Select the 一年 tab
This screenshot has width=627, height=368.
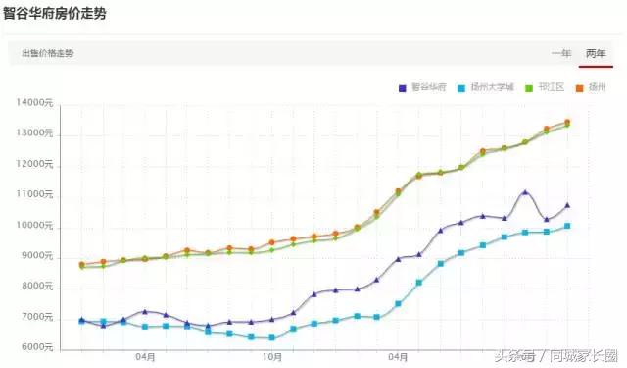(x=561, y=53)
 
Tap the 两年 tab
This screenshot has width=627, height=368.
(x=596, y=53)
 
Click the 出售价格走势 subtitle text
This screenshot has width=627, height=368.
(x=47, y=53)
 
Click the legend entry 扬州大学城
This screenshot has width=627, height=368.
(x=488, y=88)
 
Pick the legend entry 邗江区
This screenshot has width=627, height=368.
(x=548, y=88)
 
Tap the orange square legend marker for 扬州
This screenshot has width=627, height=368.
(x=579, y=88)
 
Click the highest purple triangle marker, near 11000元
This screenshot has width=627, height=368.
(x=526, y=192)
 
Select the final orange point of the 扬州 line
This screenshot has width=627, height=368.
(x=567, y=123)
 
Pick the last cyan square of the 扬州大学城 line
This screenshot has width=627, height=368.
(x=567, y=227)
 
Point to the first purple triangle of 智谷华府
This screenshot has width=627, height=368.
(x=82, y=320)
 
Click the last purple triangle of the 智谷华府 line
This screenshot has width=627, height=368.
(x=567, y=205)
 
